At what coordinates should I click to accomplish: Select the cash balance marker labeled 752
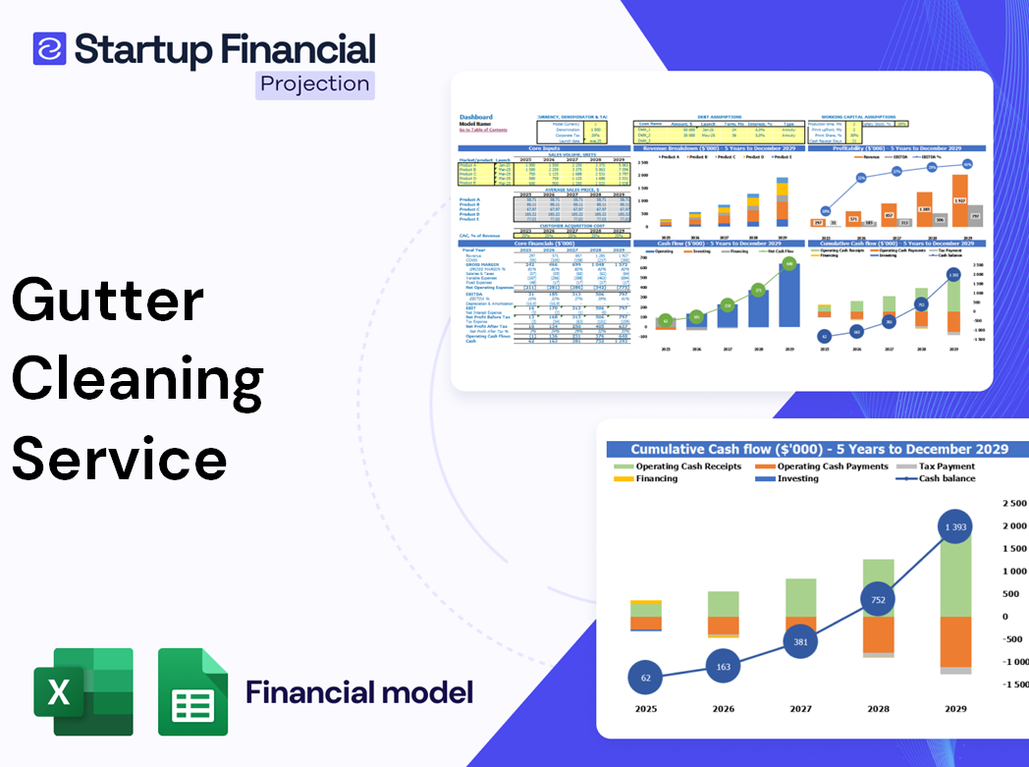[x=879, y=600]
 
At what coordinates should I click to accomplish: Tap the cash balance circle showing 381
[x=800, y=641]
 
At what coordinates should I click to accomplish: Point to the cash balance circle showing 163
[x=724, y=666]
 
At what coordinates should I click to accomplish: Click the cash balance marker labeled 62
[x=645, y=677]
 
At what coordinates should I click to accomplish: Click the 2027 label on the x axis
[x=800, y=709]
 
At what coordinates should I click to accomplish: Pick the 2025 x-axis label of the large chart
[x=645, y=709]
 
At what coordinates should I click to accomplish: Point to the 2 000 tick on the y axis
[x=1012, y=526]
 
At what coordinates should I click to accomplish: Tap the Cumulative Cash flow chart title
[x=819, y=449]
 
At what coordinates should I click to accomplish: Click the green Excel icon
[x=83, y=691]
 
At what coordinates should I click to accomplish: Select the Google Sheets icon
[x=192, y=691]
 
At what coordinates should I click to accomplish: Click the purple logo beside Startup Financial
[x=49, y=48]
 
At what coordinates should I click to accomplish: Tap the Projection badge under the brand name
[x=315, y=83]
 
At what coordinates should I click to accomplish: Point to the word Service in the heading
[x=120, y=458]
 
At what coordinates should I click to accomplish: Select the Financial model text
[x=358, y=692]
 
